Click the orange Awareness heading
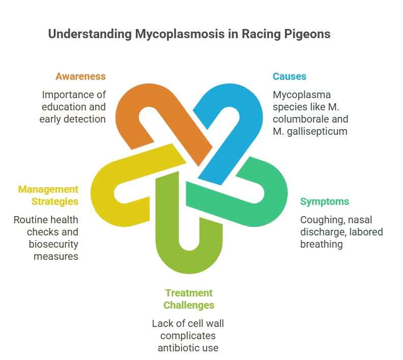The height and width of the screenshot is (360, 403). click(80, 76)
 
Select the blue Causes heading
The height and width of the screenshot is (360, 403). click(290, 76)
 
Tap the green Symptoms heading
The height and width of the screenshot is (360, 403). click(325, 202)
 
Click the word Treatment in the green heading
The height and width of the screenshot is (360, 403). click(189, 293)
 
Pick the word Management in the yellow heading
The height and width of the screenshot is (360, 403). click(48, 190)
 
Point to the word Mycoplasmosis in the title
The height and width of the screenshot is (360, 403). click(180, 34)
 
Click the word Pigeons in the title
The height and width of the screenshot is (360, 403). click(307, 34)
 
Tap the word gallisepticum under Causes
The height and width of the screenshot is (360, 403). click(317, 132)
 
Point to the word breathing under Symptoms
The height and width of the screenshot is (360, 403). click(322, 245)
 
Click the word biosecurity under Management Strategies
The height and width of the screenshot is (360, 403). click(53, 245)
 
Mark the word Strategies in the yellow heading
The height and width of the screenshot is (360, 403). click(55, 202)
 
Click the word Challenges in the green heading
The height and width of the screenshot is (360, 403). click(189, 306)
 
